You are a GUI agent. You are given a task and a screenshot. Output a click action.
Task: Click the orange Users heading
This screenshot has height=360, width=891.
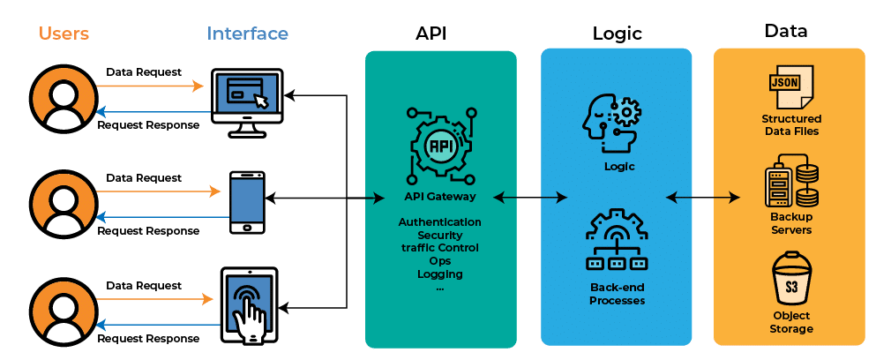click(64, 34)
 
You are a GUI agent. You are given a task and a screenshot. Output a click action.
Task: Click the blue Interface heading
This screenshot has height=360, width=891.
click(247, 34)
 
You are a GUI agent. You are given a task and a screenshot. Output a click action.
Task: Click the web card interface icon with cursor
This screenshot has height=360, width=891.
click(247, 94)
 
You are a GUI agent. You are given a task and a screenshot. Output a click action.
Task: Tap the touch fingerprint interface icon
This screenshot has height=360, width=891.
click(249, 304)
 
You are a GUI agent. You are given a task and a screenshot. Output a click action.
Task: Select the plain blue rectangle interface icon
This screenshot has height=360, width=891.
click(247, 200)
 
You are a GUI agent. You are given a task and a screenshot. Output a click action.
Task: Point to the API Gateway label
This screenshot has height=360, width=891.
click(439, 197)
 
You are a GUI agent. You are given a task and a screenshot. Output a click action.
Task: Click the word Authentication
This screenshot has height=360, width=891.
click(439, 221)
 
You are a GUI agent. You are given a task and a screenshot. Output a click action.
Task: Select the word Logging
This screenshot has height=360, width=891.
click(439, 274)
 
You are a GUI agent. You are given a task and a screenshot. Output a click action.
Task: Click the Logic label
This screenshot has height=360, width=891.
click(618, 166)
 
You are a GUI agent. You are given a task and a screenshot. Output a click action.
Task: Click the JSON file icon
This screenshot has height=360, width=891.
click(790, 86)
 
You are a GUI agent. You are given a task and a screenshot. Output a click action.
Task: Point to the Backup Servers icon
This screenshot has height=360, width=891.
click(790, 180)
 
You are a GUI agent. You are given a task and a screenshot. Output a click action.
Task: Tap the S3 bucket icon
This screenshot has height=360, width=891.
click(790, 279)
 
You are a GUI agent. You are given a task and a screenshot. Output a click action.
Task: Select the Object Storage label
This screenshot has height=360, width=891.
click(791, 322)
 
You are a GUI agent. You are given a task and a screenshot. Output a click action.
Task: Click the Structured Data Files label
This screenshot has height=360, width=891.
click(791, 124)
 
